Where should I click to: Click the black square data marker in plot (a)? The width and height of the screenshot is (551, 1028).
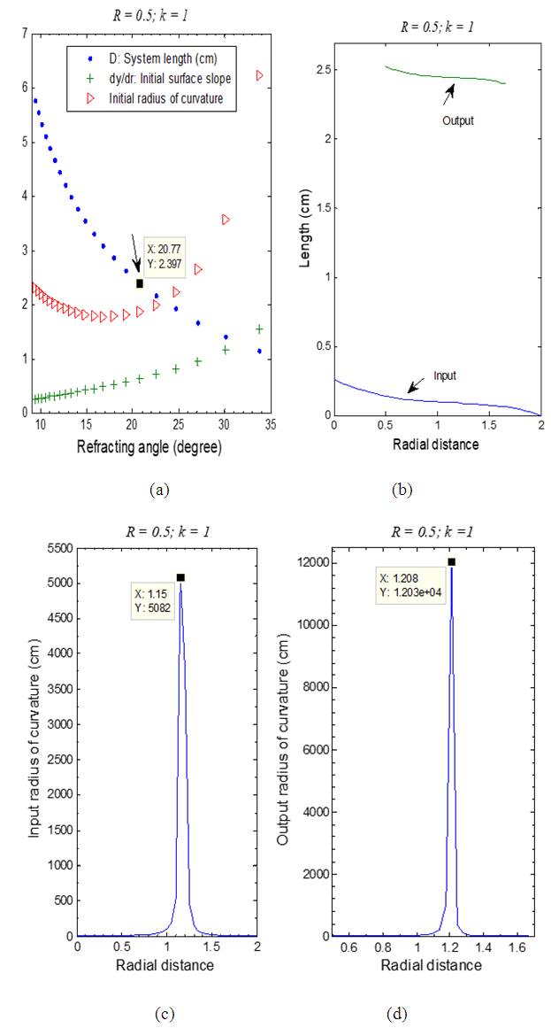140,283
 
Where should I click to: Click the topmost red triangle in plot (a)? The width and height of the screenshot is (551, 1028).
259,75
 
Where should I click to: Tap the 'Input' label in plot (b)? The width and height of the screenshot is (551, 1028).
445,375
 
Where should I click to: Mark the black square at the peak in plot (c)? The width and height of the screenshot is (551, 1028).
180,577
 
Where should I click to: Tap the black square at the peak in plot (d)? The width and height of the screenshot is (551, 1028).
451,561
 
